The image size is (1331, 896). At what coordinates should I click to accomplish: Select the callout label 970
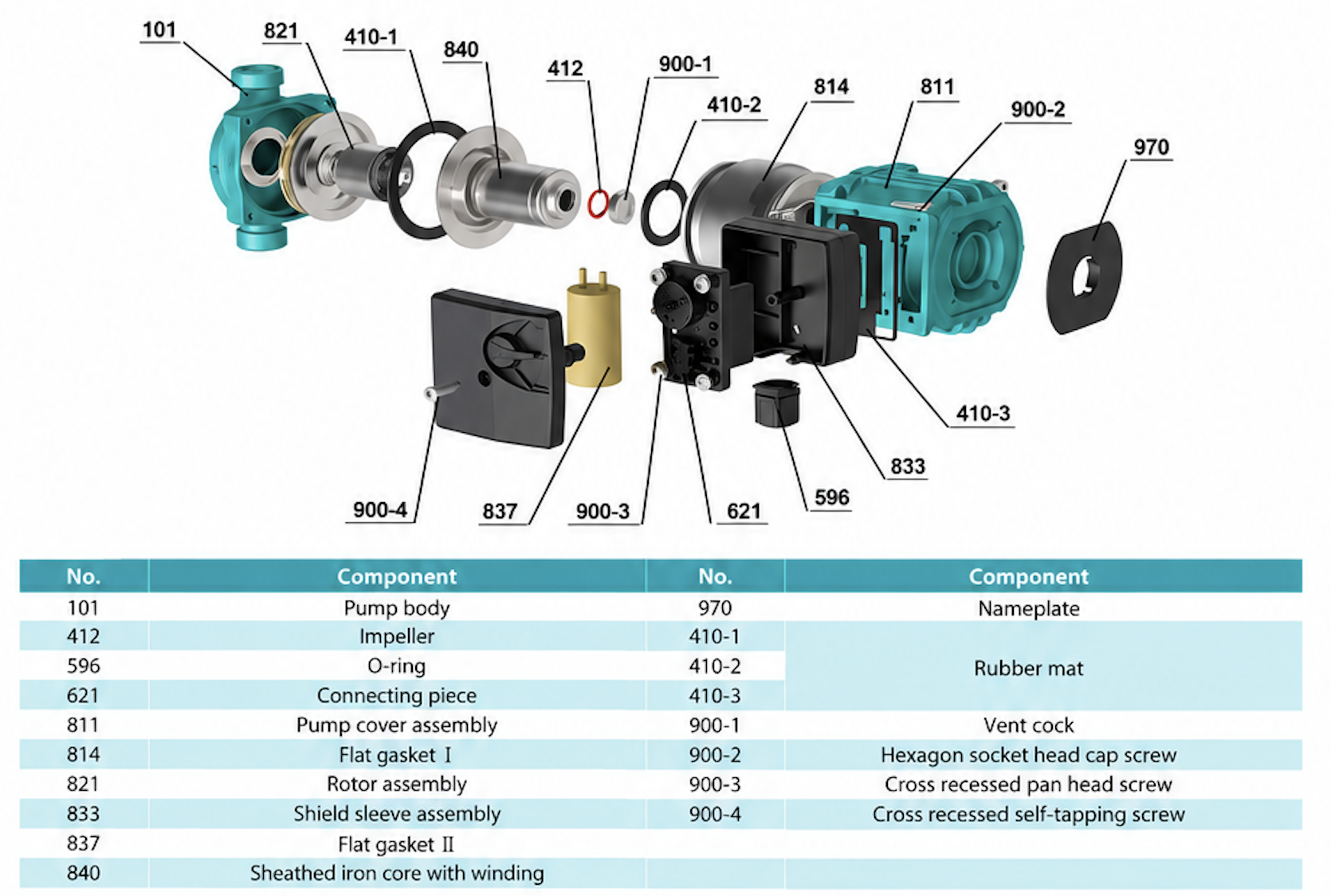1151,147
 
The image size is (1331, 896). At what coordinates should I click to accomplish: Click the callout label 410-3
983,413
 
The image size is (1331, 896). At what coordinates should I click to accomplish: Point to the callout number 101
159,29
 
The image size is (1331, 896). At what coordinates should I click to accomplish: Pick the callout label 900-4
379,510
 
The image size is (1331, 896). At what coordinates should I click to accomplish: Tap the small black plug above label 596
776,403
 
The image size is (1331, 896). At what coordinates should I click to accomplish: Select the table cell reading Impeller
397,636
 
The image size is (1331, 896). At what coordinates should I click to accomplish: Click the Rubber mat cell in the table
1029,669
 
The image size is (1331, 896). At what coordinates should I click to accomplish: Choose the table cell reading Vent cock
1029,725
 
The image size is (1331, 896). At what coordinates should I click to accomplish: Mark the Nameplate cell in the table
1029,608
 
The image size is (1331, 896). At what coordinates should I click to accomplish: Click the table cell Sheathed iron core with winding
397,873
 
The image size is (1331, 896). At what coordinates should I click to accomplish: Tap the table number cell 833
83,813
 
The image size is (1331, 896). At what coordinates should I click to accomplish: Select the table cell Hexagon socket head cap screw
1029,755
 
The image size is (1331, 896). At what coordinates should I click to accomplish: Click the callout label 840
461,49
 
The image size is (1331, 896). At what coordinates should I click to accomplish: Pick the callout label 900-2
1038,109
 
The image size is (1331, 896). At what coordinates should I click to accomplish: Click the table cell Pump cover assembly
397,725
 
